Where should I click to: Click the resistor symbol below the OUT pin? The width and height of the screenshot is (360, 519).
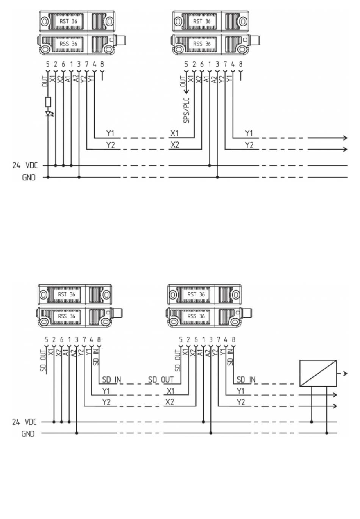click(x=48, y=102)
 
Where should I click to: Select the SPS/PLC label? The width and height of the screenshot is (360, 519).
click(x=186, y=110)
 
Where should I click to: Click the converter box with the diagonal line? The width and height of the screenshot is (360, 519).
click(x=318, y=373)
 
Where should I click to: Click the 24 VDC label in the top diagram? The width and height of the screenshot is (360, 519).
click(x=25, y=165)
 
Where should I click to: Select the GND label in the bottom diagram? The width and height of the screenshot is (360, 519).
click(x=28, y=433)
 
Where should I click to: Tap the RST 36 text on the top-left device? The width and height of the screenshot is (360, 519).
click(x=68, y=21)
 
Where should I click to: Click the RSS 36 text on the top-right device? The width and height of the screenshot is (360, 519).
click(x=202, y=44)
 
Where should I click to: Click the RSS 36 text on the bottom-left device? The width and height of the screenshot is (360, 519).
click(x=66, y=316)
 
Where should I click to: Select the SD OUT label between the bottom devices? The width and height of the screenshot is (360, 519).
click(x=161, y=379)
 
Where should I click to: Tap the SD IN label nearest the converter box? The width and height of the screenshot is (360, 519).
click(x=246, y=379)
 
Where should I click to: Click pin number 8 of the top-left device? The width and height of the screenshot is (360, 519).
click(x=102, y=64)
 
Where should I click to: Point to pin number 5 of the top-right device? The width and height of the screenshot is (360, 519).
click(x=186, y=64)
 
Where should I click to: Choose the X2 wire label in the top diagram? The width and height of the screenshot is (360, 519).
click(x=175, y=145)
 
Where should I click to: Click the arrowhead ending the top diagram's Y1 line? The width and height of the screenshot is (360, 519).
click(x=345, y=138)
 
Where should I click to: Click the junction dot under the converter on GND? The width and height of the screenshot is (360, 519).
click(x=327, y=433)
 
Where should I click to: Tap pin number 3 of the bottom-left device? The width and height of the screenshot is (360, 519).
click(x=77, y=340)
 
